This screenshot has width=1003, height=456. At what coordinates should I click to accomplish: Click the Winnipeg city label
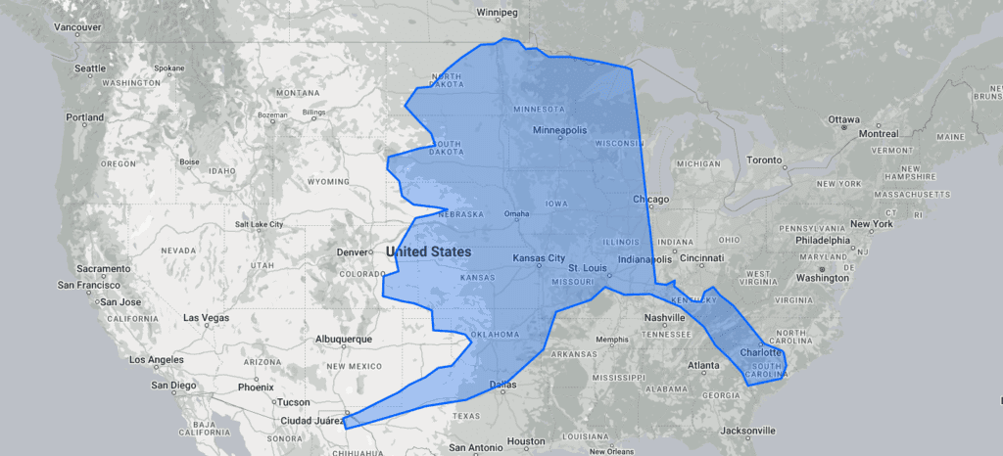point(495,13)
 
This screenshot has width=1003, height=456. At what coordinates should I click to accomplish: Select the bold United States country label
point(429,252)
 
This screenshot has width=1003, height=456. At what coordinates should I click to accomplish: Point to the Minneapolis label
point(559,130)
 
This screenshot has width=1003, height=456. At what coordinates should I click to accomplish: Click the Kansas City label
point(539,258)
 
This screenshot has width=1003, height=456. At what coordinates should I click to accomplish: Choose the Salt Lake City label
point(259,224)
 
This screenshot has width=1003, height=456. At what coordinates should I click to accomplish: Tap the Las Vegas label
point(206,318)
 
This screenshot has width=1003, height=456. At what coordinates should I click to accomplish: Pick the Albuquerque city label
point(343,340)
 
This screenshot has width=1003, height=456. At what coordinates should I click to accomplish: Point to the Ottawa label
point(843,119)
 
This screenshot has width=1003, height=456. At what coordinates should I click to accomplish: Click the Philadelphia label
point(823,240)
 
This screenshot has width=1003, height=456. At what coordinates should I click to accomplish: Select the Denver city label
point(352,252)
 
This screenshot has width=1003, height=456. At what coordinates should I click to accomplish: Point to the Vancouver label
point(77,27)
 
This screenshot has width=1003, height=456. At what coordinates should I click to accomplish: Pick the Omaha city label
point(516,214)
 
